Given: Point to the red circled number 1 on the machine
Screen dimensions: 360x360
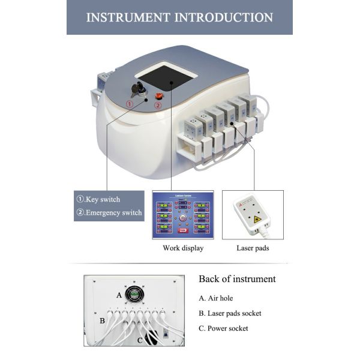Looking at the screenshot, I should click(x=129, y=104).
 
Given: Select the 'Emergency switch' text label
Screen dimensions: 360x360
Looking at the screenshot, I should click(x=109, y=212).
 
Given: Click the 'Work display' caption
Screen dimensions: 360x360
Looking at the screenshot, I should click(x=183, y=248).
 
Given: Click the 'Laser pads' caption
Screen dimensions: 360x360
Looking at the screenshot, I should click(x=253, y=248).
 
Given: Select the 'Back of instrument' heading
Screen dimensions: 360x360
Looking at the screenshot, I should click(x=237, y=279).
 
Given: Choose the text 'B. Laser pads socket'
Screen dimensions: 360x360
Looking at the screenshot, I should click(x=230, y=313).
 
